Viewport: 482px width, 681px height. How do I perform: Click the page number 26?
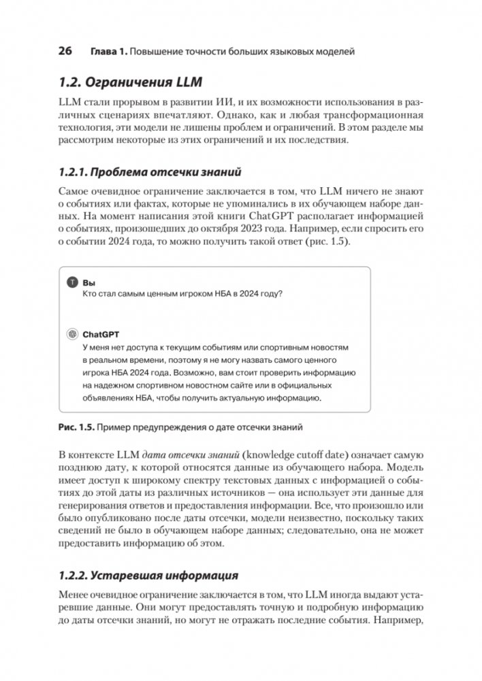coord(65,52)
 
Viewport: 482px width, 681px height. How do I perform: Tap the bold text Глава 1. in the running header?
coord(107,52)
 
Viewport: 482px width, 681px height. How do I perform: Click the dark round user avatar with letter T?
coord(73,282)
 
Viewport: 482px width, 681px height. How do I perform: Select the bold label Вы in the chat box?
coord(89,282)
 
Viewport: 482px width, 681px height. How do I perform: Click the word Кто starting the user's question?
coord(90,293)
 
